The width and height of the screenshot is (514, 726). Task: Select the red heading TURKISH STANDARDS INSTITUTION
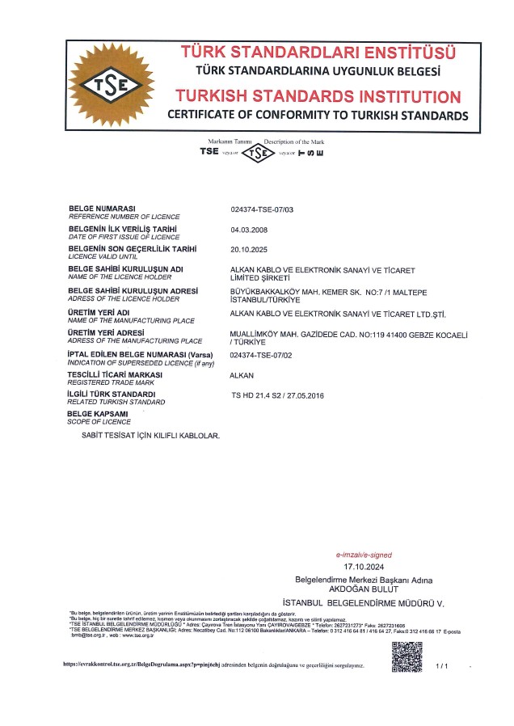(x=318, y=96)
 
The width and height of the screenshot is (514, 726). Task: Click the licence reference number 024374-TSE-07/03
(x=263, y=209)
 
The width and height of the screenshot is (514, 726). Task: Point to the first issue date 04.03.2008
(x=248, y=230)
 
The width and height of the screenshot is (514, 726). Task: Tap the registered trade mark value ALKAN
(x=243, y=375)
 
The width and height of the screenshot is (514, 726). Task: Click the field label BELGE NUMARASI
(x=102, y=209)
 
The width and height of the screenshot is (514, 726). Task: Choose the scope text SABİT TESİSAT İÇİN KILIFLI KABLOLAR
(x=151, y=436)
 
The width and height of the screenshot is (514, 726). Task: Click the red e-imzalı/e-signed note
(x=364, y=555)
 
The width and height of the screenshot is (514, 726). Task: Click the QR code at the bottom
(x=407, y=656)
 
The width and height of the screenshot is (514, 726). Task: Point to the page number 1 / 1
(x=441, y=665)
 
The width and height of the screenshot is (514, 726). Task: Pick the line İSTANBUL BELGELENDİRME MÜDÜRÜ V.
(x=364, y=603)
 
